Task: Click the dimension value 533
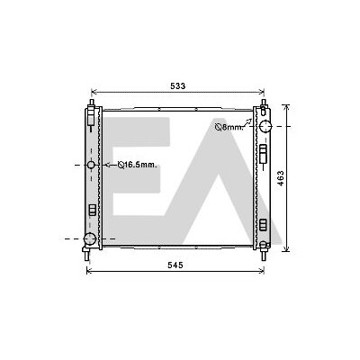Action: (178, 86)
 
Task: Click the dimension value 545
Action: (175, 265)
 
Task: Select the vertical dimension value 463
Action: (281, 178)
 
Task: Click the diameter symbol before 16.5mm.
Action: (121, 165)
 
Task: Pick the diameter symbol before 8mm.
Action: (218, 128)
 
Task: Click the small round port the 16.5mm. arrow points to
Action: (91, 165)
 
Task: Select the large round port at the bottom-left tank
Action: (89, 238)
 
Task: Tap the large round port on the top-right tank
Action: (265, 126)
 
